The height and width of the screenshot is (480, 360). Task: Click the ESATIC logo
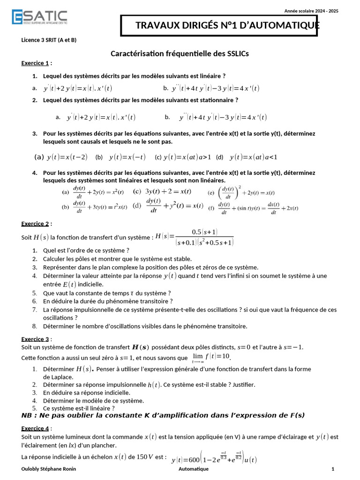click(39, 17)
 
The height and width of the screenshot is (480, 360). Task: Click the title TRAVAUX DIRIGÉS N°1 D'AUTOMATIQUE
click(227, 25)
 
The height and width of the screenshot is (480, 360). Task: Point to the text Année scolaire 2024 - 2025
click(311, 11)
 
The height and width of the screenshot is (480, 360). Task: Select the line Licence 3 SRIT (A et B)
click(49, 40)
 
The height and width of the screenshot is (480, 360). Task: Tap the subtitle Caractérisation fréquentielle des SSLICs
click(180, 54)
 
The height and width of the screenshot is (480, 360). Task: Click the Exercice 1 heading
click(35, 63)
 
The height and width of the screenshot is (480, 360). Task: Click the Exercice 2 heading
click(35, 224)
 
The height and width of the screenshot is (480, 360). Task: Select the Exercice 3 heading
click(35, 339)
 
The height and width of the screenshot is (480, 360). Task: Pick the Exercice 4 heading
click(35, 428)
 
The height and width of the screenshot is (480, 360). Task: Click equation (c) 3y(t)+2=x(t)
click(162, 191)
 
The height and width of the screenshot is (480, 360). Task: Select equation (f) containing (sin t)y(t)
click(253, 208)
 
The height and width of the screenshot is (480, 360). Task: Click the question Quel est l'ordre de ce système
click(86, 250)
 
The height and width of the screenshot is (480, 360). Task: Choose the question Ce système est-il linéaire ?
click(79, 408)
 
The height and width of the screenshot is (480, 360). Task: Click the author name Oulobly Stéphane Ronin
click(49, 469)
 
